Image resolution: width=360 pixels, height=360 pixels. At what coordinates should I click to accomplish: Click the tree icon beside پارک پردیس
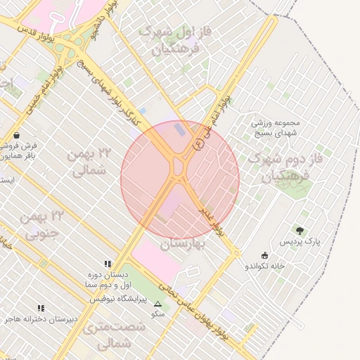(x=300, y=231)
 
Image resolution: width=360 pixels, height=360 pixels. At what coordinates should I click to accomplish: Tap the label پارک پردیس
(x=300, y=242)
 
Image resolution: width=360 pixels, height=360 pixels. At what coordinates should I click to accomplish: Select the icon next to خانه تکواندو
(x=264, y=255)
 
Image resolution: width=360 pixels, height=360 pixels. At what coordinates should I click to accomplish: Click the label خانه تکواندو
(x=264, y=266)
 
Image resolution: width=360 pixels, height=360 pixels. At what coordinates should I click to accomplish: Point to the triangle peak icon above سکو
(x=157, y=304)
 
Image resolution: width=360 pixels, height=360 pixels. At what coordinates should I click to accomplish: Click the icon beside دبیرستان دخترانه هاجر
(x=41, y=308)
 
